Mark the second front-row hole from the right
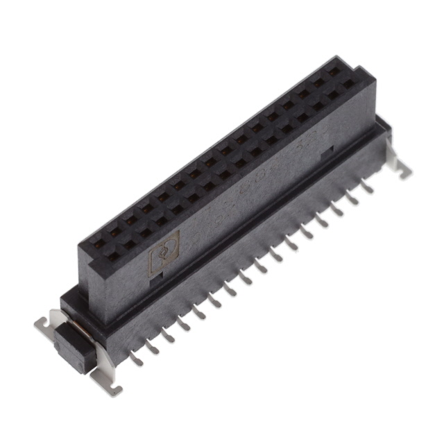coord(334,96)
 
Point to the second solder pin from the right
coord(352,197)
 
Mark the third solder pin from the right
coord(337,208)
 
